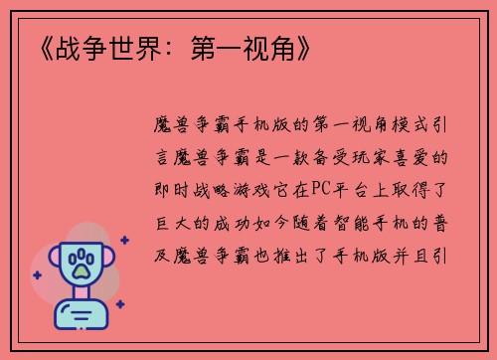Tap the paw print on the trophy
tap(81, 264)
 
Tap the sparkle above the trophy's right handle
tap(123, 239)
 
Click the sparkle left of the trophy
tap(37, 274)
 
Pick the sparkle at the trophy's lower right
tap(120, 303)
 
